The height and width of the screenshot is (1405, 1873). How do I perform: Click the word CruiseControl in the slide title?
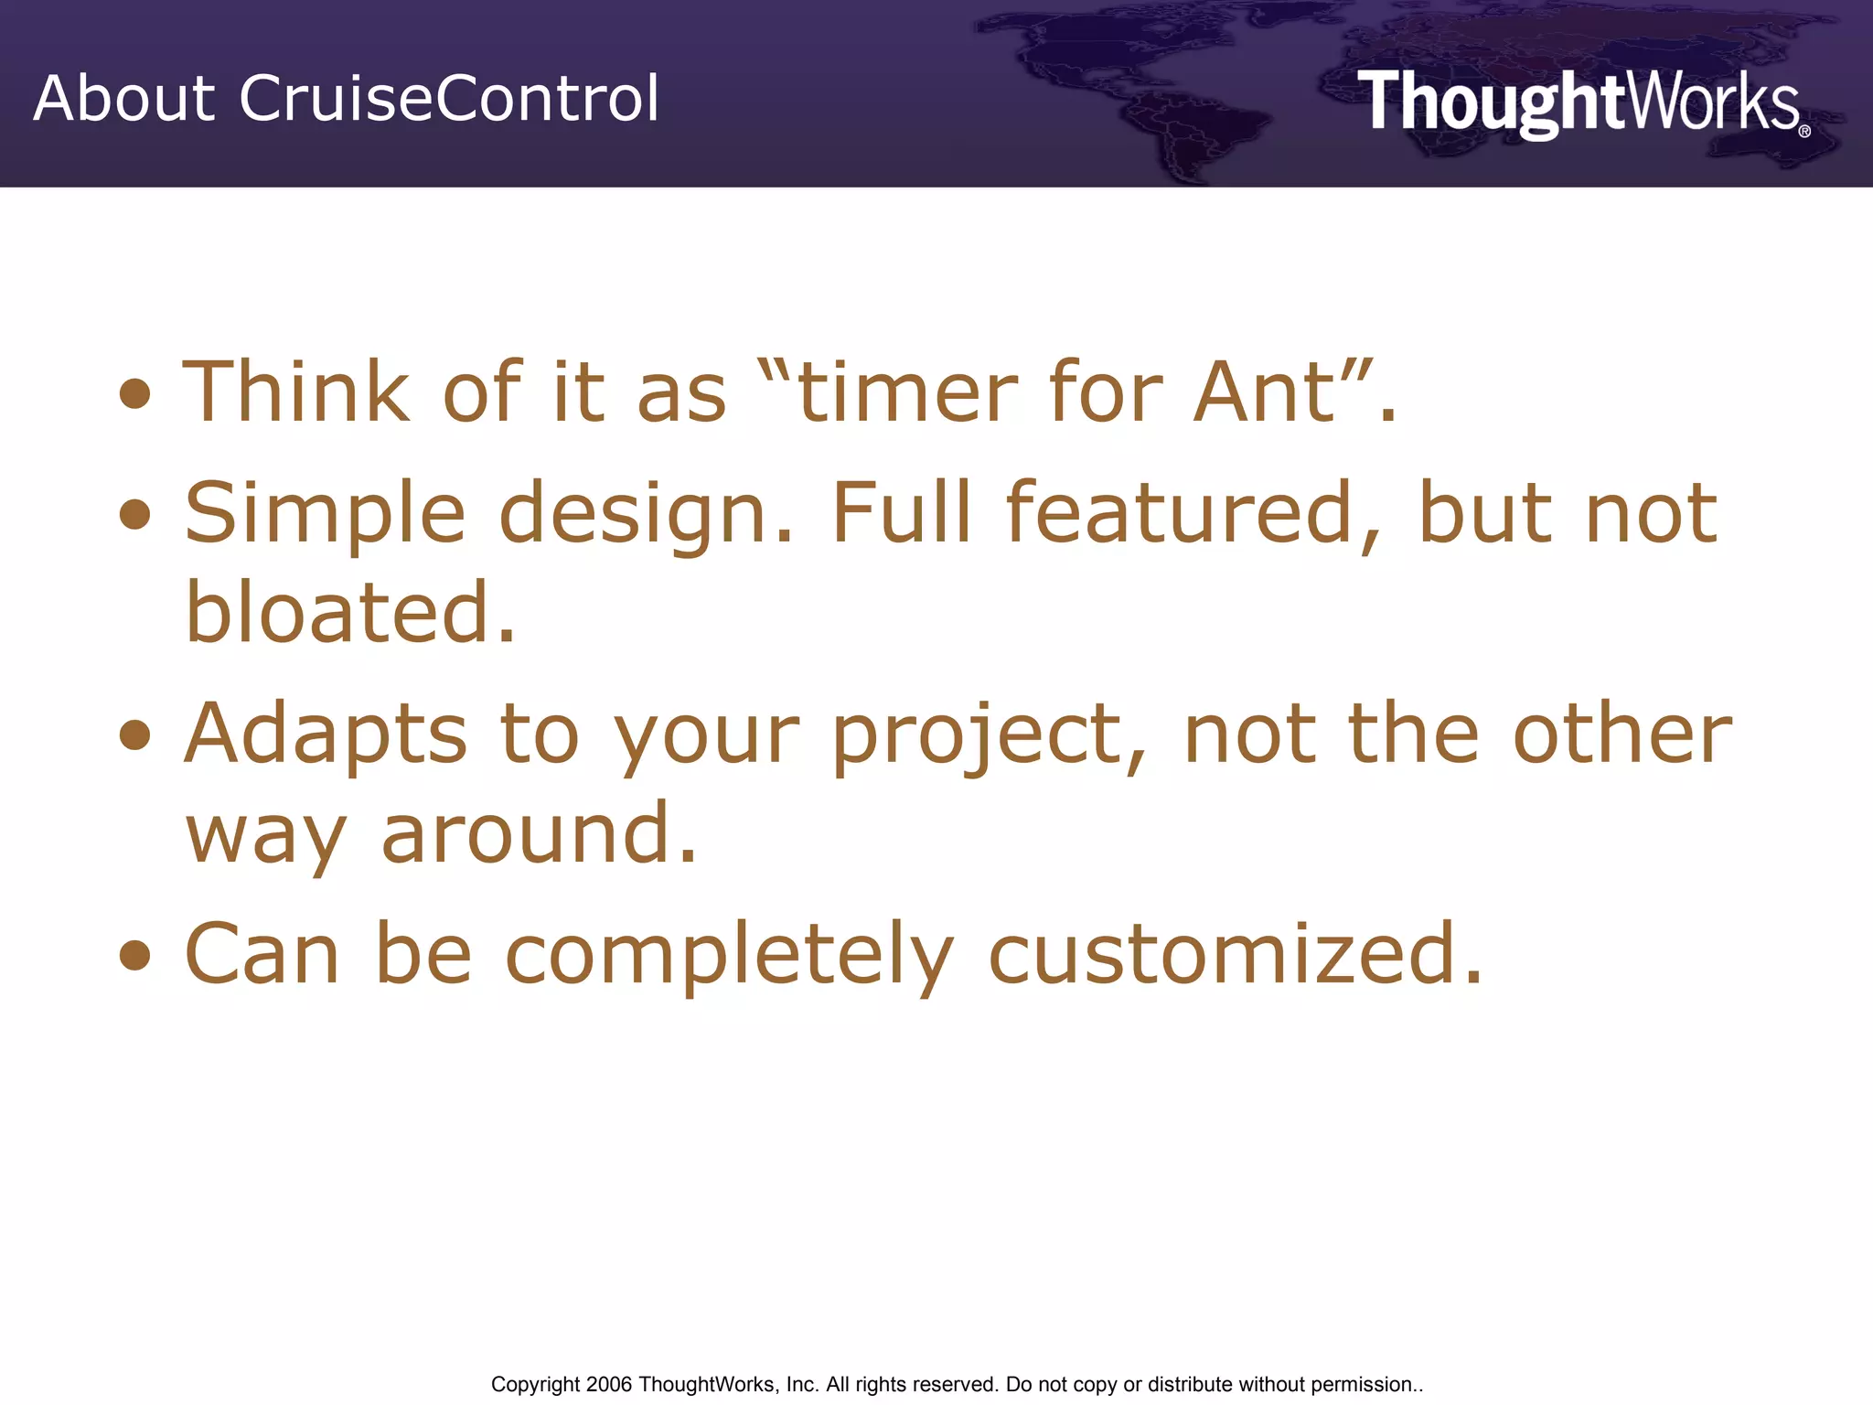[448, 98]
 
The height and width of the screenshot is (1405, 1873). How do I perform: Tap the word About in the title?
[124, 98]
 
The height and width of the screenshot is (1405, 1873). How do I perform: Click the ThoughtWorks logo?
[1578, 102]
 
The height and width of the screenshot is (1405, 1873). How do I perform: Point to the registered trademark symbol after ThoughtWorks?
[1804, 132]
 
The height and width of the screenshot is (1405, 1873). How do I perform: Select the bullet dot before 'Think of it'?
[135, 394]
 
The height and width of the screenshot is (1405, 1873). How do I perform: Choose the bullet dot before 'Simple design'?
[135, 514]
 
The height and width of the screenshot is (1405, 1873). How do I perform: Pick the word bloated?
[350, 613]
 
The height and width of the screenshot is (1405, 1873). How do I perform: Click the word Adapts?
[326, 735]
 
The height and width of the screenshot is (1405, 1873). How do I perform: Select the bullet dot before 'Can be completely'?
[135, 955]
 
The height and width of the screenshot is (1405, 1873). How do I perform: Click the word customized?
[1235, 955]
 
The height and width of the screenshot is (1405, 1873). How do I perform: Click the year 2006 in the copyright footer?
[609, 1384]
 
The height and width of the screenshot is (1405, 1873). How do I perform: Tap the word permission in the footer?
[1362, 1384]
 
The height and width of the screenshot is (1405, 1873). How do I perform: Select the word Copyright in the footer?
[535, 1384]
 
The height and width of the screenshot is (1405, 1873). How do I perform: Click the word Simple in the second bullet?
[325, 514]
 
